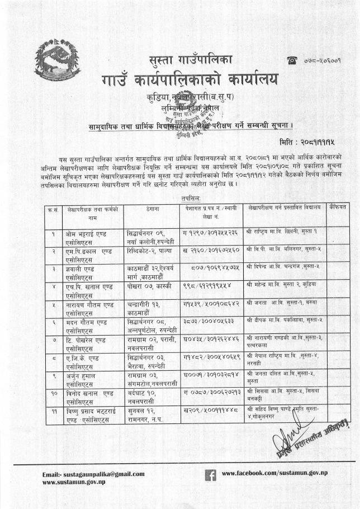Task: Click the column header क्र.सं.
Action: tap(52, 208)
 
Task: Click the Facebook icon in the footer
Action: tap(211, 475)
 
